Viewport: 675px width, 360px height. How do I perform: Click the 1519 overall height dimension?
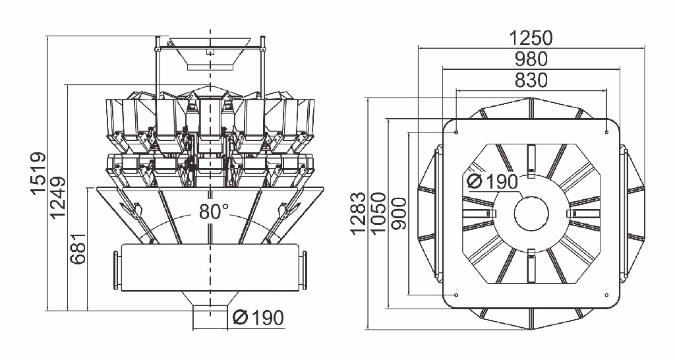point(38,174)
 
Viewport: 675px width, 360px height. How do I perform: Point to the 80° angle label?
point(212,212)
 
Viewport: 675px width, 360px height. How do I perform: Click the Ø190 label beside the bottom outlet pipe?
point(258,318)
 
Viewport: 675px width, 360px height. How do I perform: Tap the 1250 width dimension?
point(531,38)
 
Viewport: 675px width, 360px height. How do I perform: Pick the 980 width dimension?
point(531,59)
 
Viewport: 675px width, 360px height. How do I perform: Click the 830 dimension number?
point(531,80)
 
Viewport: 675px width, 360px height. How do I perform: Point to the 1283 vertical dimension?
point(358,214)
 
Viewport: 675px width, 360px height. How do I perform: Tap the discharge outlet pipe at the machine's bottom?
point(210,316)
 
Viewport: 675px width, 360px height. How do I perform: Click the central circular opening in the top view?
point(531,214)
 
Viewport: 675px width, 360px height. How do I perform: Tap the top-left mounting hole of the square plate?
point(456,132)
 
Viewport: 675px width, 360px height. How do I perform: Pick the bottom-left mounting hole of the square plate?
point(456,294)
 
